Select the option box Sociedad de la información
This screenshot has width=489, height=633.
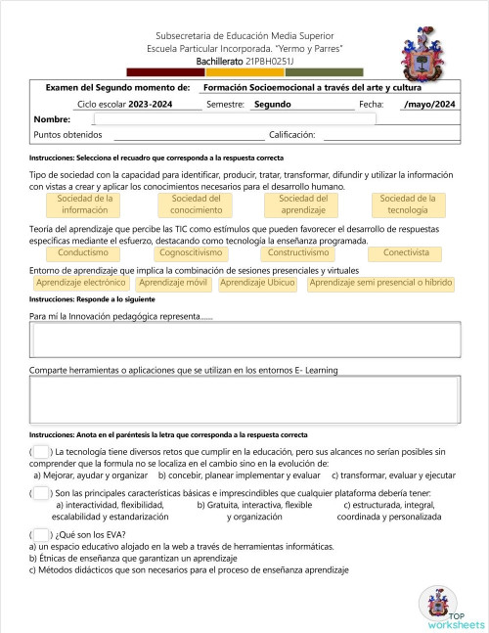coord(85,204)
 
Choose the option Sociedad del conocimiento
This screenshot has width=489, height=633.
coord(196,204)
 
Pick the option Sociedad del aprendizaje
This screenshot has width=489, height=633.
coord(303,204)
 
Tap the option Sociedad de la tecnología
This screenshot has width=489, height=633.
coord(408,204)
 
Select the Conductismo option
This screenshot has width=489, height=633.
coord(83,252)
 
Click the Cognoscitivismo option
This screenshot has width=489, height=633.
coord(192,252)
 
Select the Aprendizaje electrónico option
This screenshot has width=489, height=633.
coord(80,283)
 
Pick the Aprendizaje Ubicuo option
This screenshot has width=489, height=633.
coord(258,283)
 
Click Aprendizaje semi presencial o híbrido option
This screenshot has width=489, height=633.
coord(380,283)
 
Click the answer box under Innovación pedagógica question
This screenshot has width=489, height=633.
coord(244,341)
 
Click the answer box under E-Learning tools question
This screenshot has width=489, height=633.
coord(244,398)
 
